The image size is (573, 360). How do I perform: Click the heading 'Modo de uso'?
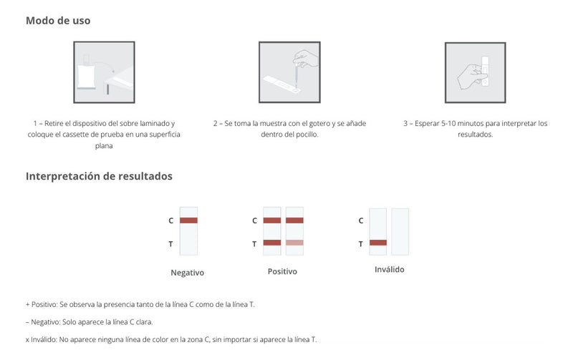pos(58,21)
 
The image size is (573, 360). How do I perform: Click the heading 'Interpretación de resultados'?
pos(99,176)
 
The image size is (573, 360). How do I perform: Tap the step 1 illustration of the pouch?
pos(104,72)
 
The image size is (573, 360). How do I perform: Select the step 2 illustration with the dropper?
pos(289,72)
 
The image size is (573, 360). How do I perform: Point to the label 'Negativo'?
pos(188,273)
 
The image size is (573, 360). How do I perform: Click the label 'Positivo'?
pos(282,272)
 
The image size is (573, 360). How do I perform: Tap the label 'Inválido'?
pos(389,270)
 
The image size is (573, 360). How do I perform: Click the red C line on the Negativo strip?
pos(188,220)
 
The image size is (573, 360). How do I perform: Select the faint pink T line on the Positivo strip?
pos(294,243)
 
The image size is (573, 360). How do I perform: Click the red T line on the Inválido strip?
pos(378,243)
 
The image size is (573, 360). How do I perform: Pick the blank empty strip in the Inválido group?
pos(400,231)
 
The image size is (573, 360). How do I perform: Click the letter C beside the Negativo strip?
pos(170,221)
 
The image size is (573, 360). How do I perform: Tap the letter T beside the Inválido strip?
pos(360,244)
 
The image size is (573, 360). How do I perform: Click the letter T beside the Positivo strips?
pos(254,244)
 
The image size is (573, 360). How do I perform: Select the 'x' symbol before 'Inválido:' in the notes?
pos(27,340)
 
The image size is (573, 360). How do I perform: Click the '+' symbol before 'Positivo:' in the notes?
pos(27,304)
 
